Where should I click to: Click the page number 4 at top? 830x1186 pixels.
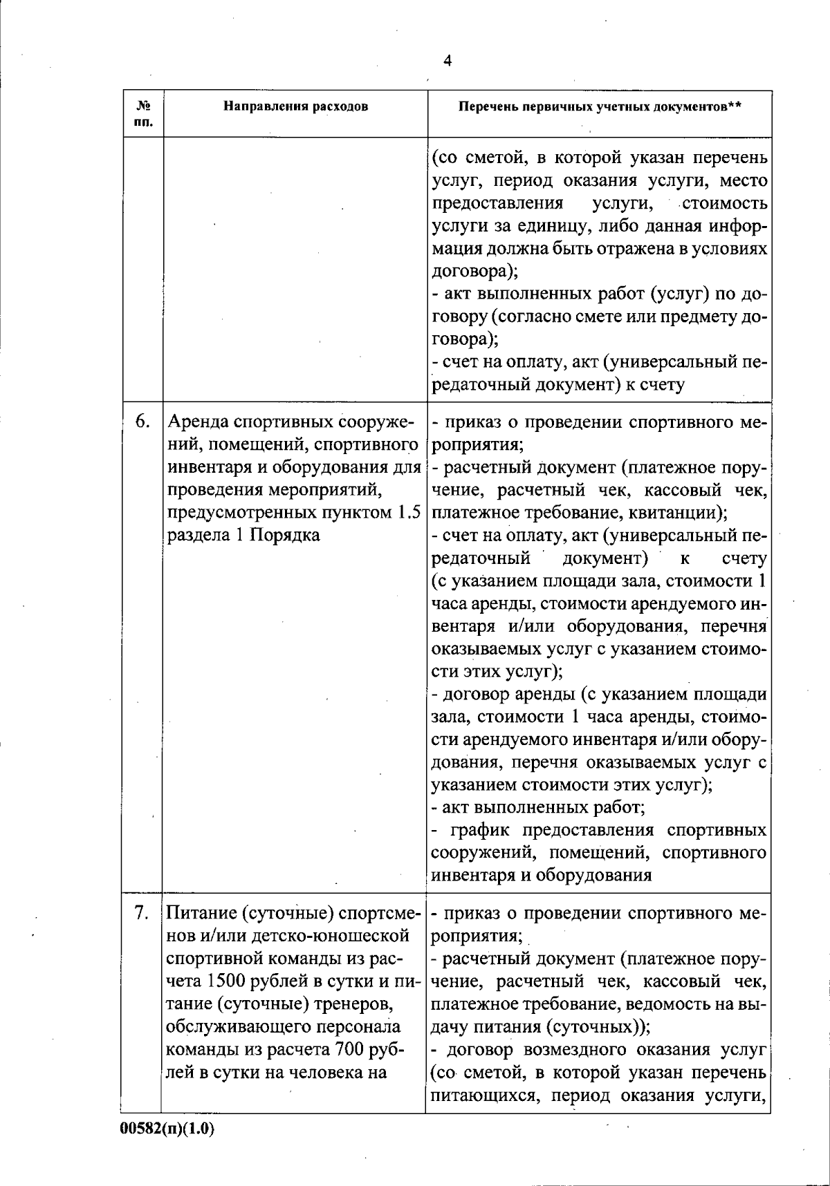click(447, 61)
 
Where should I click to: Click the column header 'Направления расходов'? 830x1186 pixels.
click(295, 106)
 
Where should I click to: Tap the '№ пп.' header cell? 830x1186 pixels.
click(144, 114)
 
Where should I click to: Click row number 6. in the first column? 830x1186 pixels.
click(142, 422)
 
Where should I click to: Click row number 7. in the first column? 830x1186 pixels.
click(142, 913)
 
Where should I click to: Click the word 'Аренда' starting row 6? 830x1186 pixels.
click(199, 422)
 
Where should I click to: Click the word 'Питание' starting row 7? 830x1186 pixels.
click(201, 913)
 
